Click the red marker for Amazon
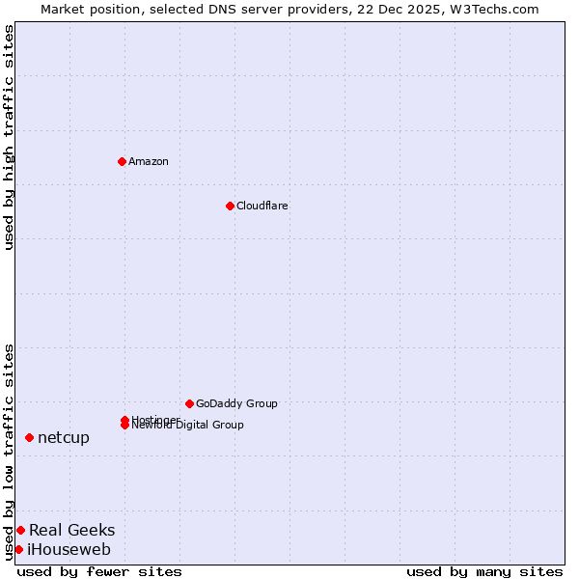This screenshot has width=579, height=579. click(x=122, y=161)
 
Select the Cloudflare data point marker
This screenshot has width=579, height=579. click(x=230, y=206)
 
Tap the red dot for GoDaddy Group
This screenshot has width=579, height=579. click(x=189, y=403)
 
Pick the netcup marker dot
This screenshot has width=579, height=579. click(x=29, y=437)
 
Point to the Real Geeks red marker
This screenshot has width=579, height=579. click(x=20, y=530)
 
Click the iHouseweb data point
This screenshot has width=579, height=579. click(x=18, y=549)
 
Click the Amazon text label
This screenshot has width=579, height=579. click(x=149, y=161)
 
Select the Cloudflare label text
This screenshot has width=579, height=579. click(x=262, y=206)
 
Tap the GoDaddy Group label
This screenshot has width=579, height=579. click(x=236, y=403)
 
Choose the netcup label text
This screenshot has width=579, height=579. click(x=64, y=437)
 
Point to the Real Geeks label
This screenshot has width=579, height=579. click(x=71, y=530)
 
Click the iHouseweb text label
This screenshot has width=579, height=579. click(x=69, y=549)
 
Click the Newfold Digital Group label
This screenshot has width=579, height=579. click(x=188, y=426)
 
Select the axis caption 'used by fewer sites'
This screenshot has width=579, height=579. click(x=99, y=571)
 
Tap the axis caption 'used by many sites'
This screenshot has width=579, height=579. click(x=484, y=571)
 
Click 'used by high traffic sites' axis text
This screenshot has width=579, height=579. click(x=9, y=137)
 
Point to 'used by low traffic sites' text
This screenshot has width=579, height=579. click(x=9, y=451)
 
